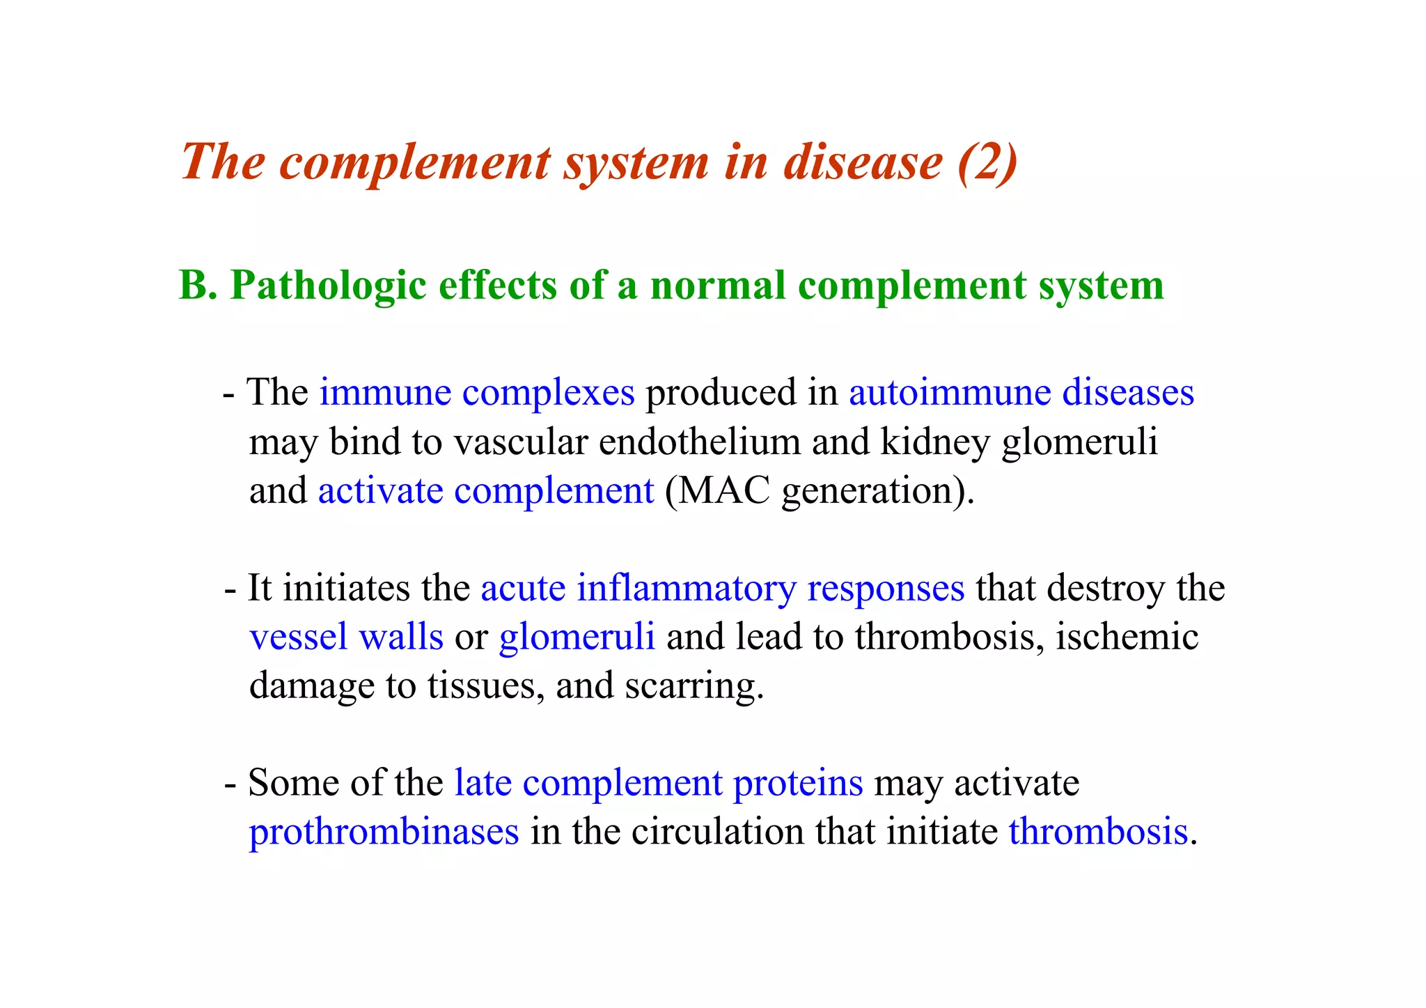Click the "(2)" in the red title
(x=987, y=162)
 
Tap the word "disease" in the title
(x=863, y=162)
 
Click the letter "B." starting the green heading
(x=198, y=286)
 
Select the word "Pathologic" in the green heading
(x=328, y=286)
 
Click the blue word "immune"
(x=385, y=392)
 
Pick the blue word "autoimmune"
(x=949, y=392)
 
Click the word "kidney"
(x=934, y=442)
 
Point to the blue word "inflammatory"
(x=686, y=588)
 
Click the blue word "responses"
(x=886, y=588)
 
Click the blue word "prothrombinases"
(x=384, y=831)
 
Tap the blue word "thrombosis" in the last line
(x=1098, y=831)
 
